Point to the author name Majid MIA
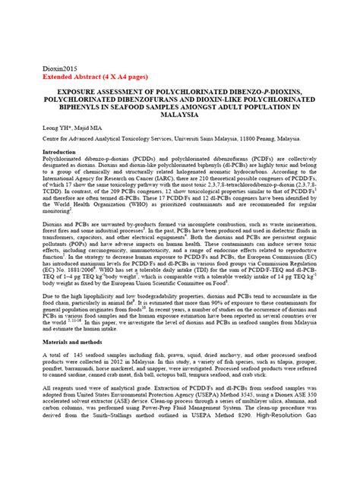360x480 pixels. click(x=85, y=131)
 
